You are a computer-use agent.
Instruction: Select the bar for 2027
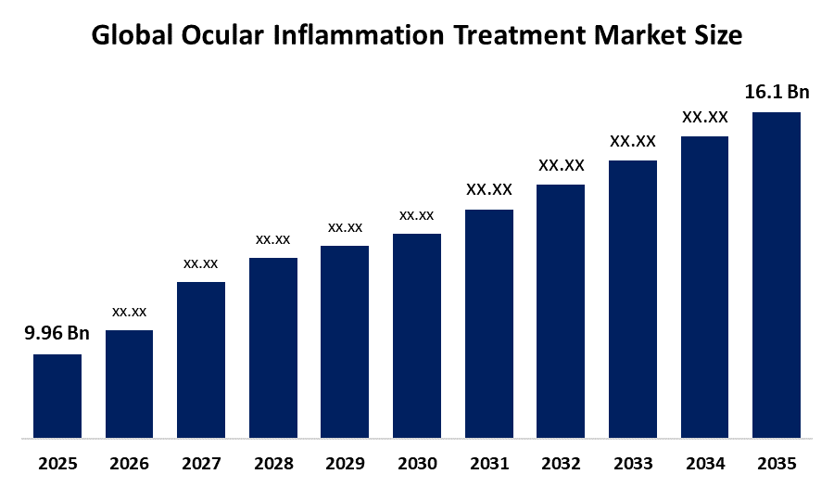(201, 360)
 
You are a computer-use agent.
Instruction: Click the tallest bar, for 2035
(777, 275)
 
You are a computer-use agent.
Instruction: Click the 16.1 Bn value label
(777, 92)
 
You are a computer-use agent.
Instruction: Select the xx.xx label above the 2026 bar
(129, 312)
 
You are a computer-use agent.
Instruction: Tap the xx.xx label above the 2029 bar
(345, 227)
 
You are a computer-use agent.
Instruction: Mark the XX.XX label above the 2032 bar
(561, 165)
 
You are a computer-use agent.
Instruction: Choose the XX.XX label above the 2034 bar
(705, 118)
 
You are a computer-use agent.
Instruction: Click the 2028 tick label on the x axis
(272, 463)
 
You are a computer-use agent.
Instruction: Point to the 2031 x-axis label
(488, 463)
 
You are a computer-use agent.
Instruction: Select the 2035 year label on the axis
(777, 463)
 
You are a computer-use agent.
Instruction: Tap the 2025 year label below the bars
(57, 463)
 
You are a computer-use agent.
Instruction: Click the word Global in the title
(131, 36)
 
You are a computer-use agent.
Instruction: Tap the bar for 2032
(561, 311)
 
